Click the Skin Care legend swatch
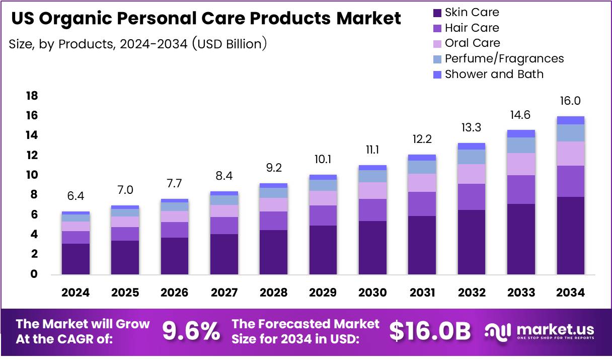point(437,13)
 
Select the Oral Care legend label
point(472,43)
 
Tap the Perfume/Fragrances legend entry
point(504,59)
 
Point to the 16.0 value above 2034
point(570,101)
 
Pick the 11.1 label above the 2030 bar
point(372,150)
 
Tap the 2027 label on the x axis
point(224,293)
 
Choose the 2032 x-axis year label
point(471,293)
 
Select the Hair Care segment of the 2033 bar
point(521,189)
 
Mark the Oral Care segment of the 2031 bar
point(422,183)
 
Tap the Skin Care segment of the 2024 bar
point(75,259)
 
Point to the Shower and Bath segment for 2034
point(570,120)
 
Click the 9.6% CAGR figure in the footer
point(191,331)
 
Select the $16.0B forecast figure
point(430,331)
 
